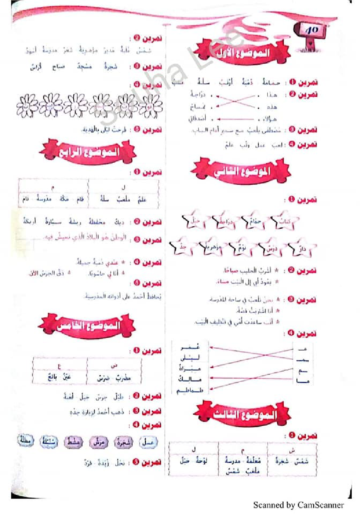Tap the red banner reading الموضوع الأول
tap(242, 52)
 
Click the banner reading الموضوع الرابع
tap(89, 152)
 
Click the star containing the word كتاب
tap(284, 222)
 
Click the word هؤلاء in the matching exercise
tap(270, 119)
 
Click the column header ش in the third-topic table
tap(292, 450)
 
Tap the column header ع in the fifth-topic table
tap(59, 366)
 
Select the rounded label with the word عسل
tap(147, 442)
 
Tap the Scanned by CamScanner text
tap(298, 505)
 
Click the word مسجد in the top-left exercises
tap(84, 67)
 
